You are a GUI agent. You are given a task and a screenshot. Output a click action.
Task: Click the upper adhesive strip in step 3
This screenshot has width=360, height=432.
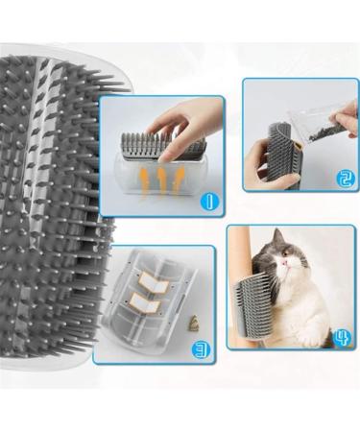coord(150,281)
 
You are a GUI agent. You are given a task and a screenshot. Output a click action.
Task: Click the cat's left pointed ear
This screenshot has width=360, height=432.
coord(252,240)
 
